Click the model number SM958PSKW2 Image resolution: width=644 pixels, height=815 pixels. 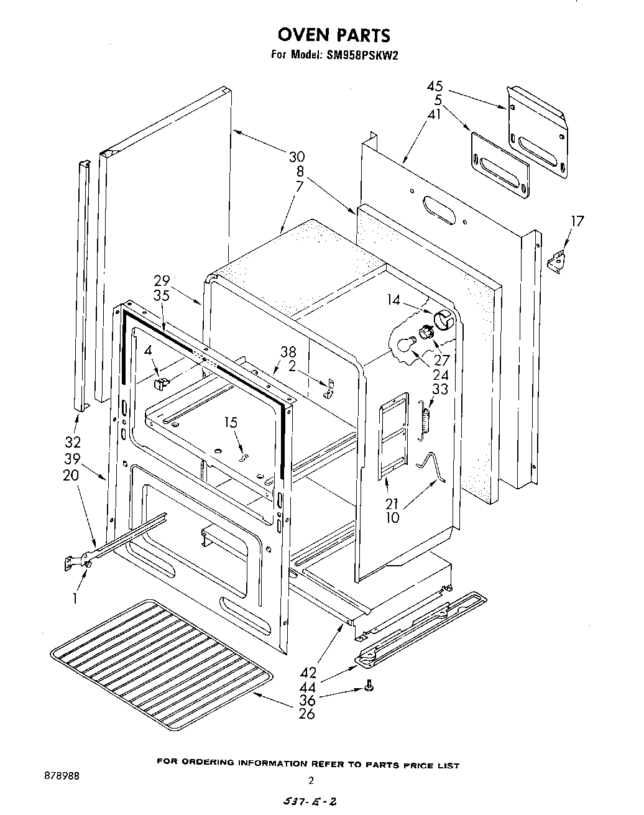pyautogui.click(x=361, y=55)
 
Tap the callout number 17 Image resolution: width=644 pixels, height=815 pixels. pyautogui.click(x=577, y=221)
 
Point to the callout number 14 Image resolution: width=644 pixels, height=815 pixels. pyautogui.click(x=393, y=300)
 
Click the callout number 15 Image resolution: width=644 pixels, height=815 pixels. pyautogui.click(x=231, y=423)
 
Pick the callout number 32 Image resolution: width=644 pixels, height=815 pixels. pyautogui.click(x=73, y=443)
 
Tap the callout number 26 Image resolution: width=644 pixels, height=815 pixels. pyautogui.click(x=306, y=714)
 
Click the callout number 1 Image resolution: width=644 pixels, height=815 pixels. pyautogui.click(x=75, y=599)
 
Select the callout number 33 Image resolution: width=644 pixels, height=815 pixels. pyautogui.click(x=439, y=389)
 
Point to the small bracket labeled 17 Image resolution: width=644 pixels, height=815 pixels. pyautogui.click(x=558, y=260)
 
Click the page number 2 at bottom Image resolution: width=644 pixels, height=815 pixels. pyautogui.click(x=311, y=781)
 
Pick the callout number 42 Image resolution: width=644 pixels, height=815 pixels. pyautogui.click(x=308, y=673)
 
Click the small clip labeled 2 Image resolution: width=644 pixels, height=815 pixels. pyautogui.click(x=329, y=389)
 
